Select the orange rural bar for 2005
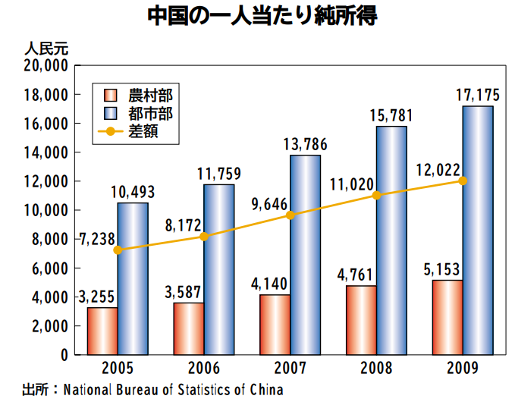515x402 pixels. [x=102, y=331]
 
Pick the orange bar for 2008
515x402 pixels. [x=361, y=319]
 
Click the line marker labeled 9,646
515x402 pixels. [x=290, y=215]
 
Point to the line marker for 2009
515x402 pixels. [x=463, y=181]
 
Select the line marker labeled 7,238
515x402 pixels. [x=117, y=250]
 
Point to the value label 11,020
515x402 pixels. [x=353, y=184]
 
